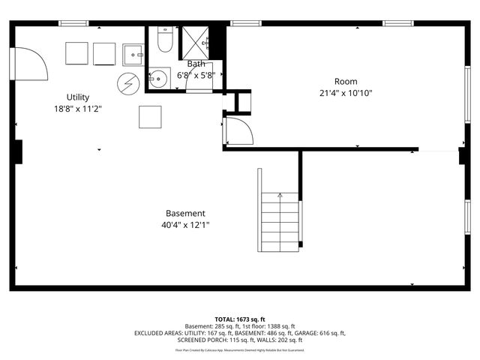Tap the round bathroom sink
pos(157,77)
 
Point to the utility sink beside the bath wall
pos(133,55)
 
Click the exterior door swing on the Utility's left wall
pos(28,64)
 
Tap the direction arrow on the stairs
pos(280,196)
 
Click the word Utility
pos(78,97)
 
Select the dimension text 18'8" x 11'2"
pos(78,109)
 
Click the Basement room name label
pos(185,214)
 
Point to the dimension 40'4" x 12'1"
pos(185,225)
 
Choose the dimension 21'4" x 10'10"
pos(346,93)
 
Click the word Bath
pos(196,64)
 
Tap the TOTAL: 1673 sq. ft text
pos(239,319)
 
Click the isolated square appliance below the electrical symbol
pos(150,117)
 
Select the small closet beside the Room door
pos(244,101)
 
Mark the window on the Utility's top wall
pos(74,23)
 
